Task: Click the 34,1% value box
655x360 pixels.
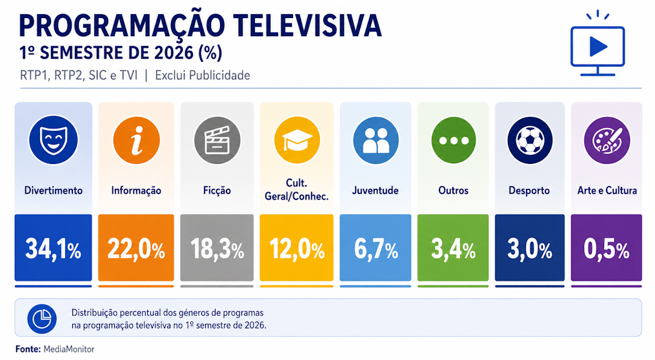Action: pos(53,248)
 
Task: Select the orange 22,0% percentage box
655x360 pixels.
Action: pos(136,248)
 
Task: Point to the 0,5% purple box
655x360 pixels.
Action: pos(606,248)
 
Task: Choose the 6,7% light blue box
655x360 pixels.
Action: pos(375,248)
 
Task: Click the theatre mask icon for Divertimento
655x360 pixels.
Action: pos(53,140)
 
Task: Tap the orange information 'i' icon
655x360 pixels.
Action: pos(136,141)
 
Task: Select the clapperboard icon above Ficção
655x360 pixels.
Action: pos(217,141)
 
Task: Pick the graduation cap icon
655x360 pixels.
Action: pos(297,141)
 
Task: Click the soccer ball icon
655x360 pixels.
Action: pos(530,141)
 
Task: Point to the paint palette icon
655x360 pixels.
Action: pos(607,141)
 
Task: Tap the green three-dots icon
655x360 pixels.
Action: pos(454,141)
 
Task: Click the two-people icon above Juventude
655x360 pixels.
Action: pos(376,141)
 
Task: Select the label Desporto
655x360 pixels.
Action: pos(529,191)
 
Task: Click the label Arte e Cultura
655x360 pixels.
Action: pos(607,190)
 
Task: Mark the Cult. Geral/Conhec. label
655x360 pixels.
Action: pos(297,190)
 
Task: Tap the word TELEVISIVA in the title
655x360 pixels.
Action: pos(307,25)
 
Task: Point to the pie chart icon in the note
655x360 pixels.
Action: pos(42,319)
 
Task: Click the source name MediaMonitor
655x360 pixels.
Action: pos(69,349)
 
